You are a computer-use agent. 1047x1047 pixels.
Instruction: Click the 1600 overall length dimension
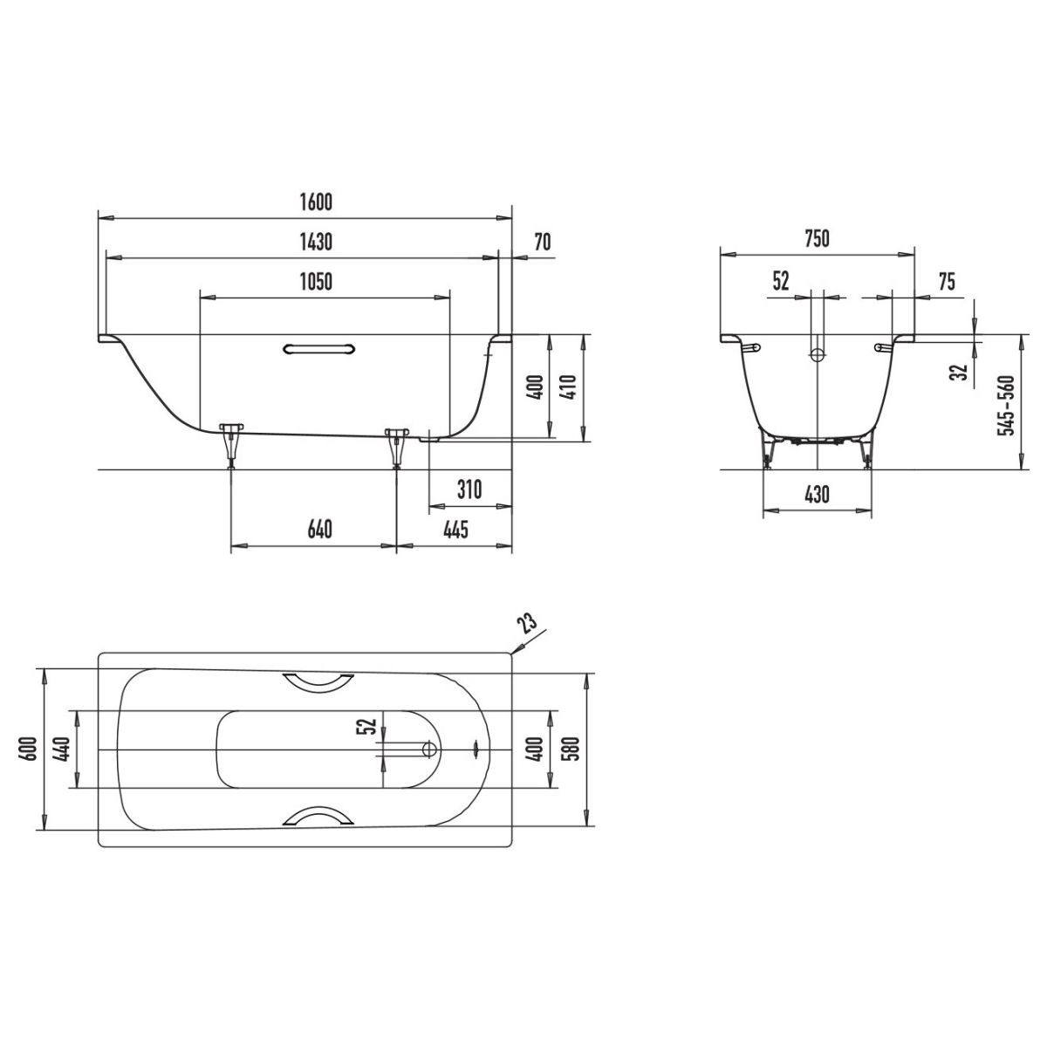(316, 202)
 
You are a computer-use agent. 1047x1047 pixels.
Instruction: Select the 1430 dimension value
(316, 242)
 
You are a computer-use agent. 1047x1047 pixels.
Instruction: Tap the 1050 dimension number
(316, 282)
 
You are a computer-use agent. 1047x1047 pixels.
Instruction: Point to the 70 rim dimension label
(542, 242)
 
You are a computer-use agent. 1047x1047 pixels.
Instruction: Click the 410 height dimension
(569, 387)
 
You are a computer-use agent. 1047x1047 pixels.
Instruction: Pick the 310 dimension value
(469, 489)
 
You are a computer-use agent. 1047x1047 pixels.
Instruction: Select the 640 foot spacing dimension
(319, 530)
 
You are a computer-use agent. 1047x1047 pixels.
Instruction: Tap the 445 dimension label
(455, 530)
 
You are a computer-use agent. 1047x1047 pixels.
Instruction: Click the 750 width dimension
(817, 238)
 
